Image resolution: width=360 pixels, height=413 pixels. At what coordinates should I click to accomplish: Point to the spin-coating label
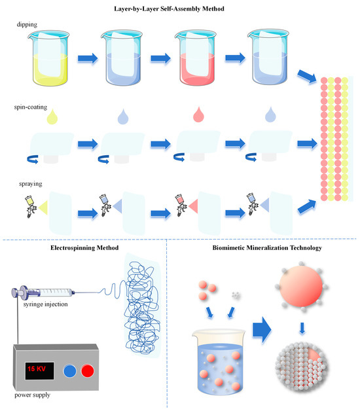pos(34,104)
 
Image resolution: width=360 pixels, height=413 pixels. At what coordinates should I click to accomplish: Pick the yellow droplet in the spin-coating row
pos(51,117)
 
